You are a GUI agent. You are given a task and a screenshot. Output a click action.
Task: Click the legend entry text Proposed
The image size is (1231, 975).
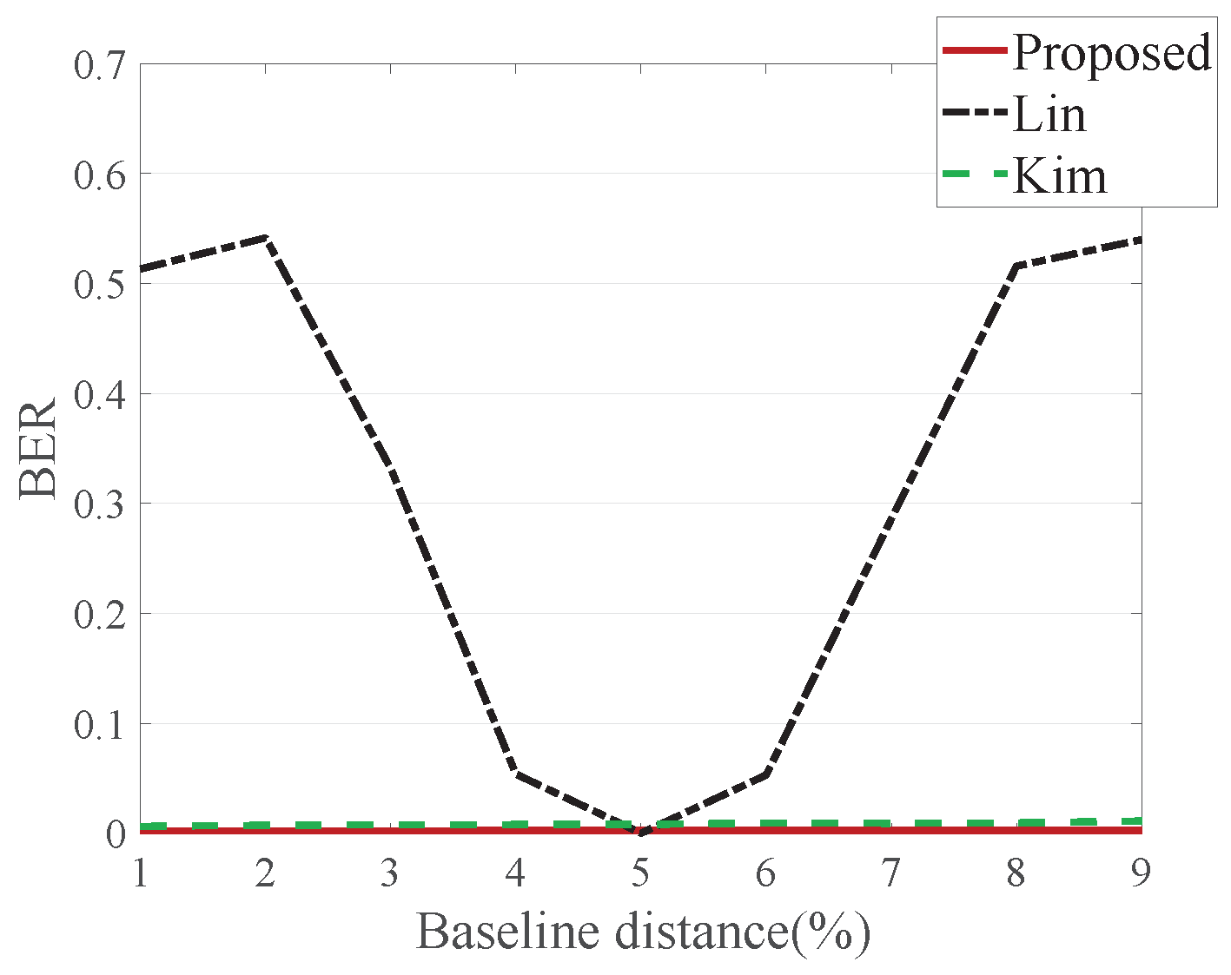(1111, 52)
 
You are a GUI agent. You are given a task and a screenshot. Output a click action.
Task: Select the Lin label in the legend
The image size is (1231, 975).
(1049, 115)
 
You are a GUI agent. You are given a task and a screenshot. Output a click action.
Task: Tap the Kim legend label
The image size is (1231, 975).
(1060, 176)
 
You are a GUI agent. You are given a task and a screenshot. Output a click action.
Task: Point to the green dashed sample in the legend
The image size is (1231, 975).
(975, 175)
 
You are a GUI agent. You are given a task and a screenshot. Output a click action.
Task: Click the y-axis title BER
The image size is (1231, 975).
(39, 448)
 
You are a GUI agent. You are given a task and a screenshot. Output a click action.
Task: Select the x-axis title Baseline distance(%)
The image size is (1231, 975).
(643, 932)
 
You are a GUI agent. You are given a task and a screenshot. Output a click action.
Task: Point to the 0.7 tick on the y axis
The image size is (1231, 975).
(98, 65)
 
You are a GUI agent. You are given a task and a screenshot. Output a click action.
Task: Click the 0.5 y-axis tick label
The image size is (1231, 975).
(98, 284)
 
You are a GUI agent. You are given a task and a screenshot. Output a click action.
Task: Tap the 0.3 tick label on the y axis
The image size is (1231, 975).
(98, 504)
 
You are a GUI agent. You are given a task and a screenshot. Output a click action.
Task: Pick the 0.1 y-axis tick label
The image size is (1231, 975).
(98, 724)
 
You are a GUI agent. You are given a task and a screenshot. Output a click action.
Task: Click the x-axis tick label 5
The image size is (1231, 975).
(640, 873)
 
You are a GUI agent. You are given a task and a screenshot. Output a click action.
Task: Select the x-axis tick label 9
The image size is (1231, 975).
(1141, 873)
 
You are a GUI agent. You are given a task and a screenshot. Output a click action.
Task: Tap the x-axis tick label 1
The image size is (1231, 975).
(140, 873)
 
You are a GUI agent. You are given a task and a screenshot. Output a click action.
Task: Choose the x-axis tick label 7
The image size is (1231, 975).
(890, 873)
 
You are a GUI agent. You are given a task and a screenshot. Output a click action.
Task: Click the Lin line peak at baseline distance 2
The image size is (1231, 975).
(265, 238)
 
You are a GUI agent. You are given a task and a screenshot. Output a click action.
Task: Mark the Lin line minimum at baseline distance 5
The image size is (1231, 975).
(640, 833)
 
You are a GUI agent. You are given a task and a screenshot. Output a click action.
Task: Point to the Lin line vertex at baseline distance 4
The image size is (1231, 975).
(516, 774)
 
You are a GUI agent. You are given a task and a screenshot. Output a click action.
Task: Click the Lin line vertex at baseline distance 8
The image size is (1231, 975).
(1016, 266)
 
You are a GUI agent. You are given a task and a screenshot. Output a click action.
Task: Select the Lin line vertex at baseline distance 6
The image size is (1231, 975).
(766, 774)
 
